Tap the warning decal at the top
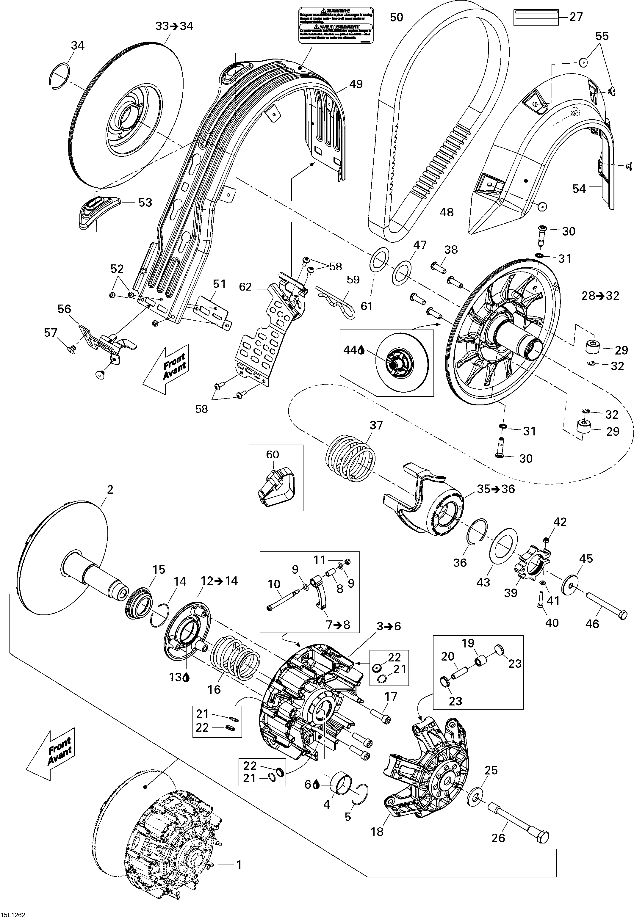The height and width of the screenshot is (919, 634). [x=336, y=25]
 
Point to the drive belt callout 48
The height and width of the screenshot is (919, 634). [x=447, y=212]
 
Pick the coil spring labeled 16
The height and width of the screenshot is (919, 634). [x=235, y=659]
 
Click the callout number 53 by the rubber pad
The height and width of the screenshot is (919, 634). [x=145, y=203]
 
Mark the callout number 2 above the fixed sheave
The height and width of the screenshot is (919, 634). [x=110, y=489]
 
